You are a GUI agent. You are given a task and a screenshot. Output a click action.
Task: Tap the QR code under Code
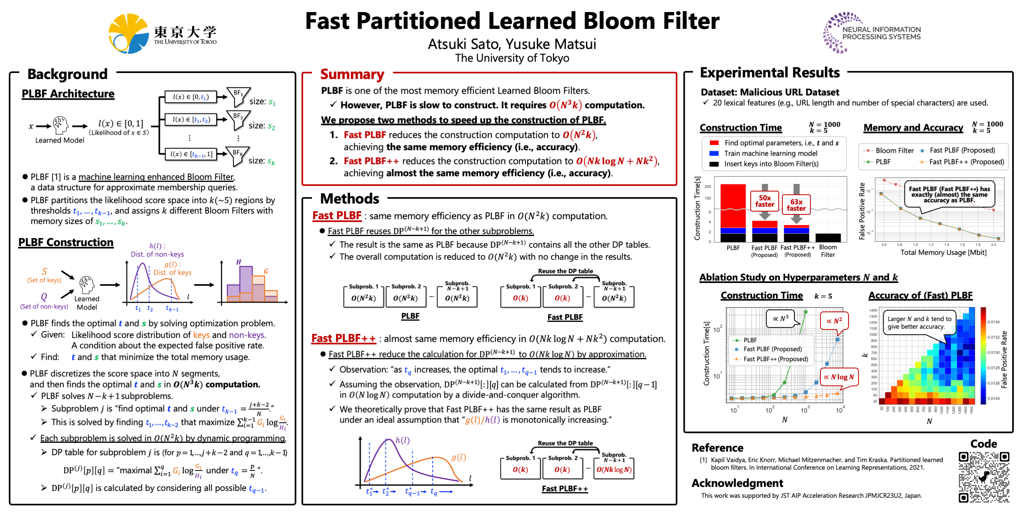(984, 477)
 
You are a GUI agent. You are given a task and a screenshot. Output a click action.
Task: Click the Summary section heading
(352, 75)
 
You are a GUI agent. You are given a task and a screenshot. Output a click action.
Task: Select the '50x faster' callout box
(764, 201)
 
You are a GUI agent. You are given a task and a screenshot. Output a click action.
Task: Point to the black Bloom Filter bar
(828, 237)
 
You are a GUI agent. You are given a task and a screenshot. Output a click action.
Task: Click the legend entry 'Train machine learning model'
(770, 153)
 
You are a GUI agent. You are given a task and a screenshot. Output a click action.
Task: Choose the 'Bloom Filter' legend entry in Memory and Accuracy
(894, 151)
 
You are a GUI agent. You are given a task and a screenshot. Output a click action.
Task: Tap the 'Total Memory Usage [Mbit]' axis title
(943, 252)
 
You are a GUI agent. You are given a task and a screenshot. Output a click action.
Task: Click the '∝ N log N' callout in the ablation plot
(839, 377)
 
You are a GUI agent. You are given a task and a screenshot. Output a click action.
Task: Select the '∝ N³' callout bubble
(781, 319)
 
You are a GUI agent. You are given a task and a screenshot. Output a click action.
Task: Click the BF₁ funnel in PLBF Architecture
(238, 95)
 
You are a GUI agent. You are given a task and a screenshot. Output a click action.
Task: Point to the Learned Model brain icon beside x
(60, 125)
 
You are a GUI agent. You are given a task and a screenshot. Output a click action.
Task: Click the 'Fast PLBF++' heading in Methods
(344, 339)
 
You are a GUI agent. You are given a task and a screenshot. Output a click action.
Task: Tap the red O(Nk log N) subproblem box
(614, 470)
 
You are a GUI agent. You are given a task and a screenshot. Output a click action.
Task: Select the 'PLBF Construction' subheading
(66, 242)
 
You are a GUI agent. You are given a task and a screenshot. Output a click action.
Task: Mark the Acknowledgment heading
(737, 483)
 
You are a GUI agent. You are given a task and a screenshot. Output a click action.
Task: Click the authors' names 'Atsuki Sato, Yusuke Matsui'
(512, 44)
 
